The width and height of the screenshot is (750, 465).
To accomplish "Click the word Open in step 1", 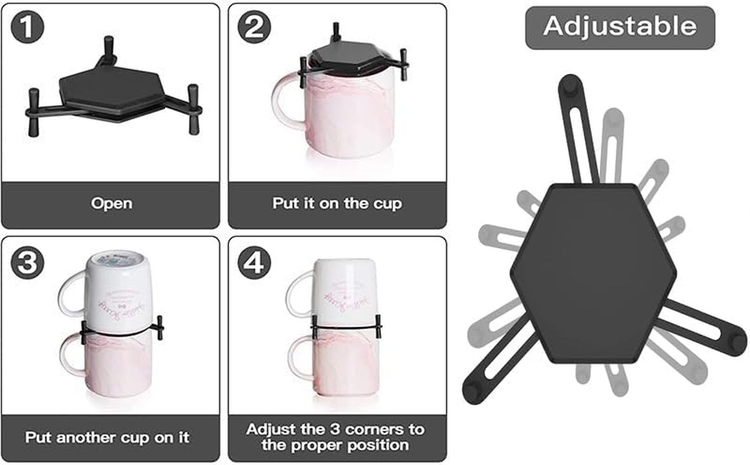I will (111, 203).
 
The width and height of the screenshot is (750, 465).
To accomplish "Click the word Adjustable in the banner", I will (619, 27).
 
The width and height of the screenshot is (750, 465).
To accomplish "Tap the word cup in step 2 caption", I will (387, 203).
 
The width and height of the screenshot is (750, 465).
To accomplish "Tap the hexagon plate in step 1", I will (110, 93).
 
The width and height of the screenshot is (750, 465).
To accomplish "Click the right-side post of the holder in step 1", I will (193, 108).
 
